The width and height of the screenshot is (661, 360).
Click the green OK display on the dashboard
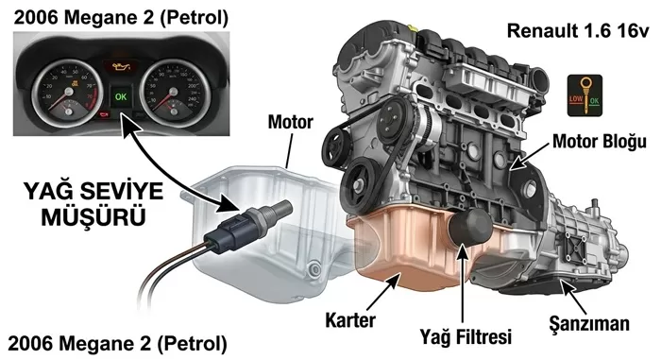[x=121, y=96]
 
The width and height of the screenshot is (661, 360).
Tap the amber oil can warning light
[x=120, y=67]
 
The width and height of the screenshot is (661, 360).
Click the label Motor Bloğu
[x=599, y=141]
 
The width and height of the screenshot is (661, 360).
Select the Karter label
[x=350, y=320]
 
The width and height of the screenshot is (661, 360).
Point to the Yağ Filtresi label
[x=466, y=336]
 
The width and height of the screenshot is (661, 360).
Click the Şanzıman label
[x=589, y=324]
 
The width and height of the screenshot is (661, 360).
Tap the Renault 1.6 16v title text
[x=577, y=31]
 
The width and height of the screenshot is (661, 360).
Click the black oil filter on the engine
[x=469, y=226]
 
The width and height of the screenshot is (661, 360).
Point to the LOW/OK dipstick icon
[x=585, y=95]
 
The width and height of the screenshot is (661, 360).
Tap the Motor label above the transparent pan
[x=291, y=122]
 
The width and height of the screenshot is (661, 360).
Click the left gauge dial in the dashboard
[x=66, y=92]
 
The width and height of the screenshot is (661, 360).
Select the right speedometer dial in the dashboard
[x=173, y=92]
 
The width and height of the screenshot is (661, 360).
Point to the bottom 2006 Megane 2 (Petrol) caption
[x=118, y=344]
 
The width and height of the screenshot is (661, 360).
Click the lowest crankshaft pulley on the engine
[x=361, y=186]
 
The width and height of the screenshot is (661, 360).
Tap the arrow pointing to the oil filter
[x=463, y=284]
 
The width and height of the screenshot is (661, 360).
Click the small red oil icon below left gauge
[x=104, y=114]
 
